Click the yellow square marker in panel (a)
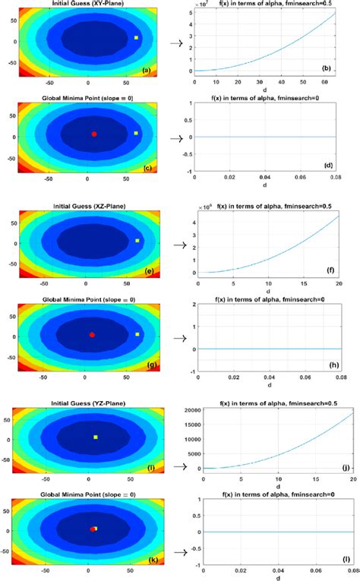coord(137,37)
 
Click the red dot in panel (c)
coord(94,134)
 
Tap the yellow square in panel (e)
coord(137,241)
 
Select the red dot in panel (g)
coord(93,335)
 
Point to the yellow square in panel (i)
coord(95,437)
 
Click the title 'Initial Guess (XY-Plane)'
coord(89,4)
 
